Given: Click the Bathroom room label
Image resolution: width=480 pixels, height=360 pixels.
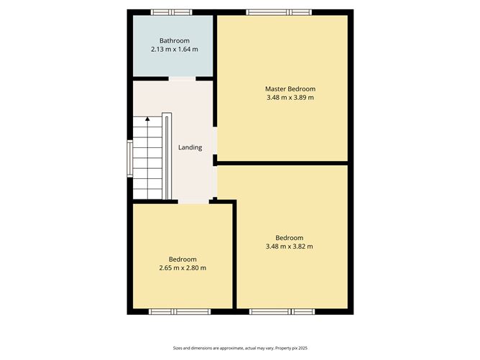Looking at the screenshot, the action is pos(175,40).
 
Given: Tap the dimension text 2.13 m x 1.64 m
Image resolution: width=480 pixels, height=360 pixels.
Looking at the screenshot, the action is pos(175,49).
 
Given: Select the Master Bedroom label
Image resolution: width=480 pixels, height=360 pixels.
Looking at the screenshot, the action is pos(290,89).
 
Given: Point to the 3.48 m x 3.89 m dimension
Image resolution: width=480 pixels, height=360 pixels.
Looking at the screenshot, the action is pos(290,97).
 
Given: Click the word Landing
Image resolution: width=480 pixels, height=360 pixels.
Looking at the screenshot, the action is pos(190,147).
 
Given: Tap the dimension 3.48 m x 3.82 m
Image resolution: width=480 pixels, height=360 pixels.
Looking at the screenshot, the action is pos(290,246).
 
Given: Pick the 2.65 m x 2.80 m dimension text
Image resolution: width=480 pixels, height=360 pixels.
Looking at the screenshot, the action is pos(183,268).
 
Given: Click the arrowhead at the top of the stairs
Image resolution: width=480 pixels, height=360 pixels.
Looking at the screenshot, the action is pos(147,119).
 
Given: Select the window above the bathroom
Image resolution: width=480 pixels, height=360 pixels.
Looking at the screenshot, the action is pos(172,12).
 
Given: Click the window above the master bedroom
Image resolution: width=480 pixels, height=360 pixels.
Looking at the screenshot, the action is pos(279,12).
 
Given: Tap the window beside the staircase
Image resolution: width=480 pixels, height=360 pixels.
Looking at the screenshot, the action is pos(130,159).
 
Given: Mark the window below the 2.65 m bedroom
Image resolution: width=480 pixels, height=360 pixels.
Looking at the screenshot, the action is pos(180,312).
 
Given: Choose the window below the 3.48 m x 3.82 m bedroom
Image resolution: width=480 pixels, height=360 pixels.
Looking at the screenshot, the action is pos(282,312).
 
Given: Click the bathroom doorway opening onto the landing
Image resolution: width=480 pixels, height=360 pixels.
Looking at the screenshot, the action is pos(182,78).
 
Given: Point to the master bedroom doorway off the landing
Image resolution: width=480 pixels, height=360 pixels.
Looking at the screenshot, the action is pos(215,141).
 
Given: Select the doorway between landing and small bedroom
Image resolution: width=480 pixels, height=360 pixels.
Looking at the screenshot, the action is pos(194,202).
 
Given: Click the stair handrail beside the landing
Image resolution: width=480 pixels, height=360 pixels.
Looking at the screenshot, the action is pos(167,156).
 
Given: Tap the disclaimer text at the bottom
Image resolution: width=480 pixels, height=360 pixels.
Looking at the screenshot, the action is pos(240,348).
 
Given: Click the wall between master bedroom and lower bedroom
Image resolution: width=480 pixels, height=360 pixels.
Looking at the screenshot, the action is pos(282,163).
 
